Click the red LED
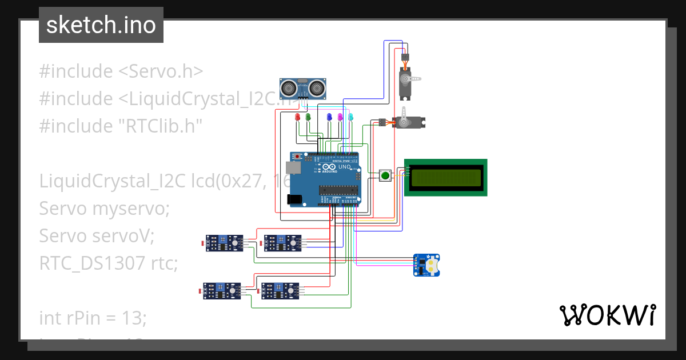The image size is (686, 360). coord(297,117)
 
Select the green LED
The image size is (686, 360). coord(308,117)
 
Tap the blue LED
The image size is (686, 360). coord(329,117)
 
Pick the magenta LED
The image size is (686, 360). coord(340,117)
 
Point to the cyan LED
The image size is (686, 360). coord(351,117)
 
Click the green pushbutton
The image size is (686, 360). coord(386,175)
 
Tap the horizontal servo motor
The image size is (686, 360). coord(408,121)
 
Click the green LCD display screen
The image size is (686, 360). coord(445,177)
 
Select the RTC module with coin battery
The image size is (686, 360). coord(427,265)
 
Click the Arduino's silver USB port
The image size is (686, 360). coord(294,167)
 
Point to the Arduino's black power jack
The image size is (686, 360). coord(294,199)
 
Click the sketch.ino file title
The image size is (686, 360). coord(101,25)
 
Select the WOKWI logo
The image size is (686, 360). coord(607,315)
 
